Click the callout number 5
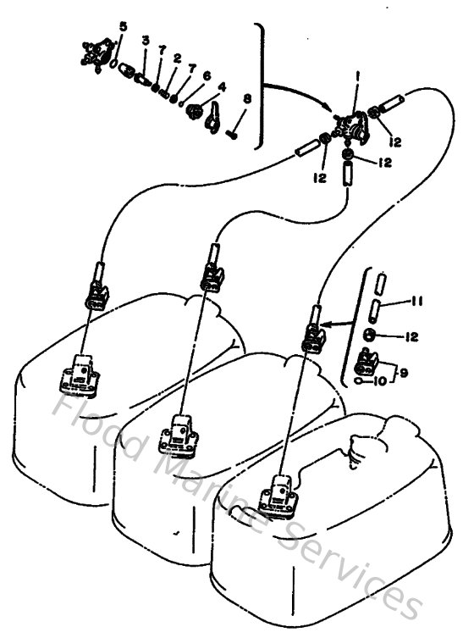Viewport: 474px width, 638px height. point(124,26)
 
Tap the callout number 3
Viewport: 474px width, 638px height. point(146,41)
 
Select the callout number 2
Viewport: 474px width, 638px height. point(179,58)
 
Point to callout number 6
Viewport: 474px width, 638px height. point(207,75)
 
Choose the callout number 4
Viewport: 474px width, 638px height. point(222,86)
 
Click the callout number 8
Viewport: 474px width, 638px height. point(246,100)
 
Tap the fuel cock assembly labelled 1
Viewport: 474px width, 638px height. point(348,125)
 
